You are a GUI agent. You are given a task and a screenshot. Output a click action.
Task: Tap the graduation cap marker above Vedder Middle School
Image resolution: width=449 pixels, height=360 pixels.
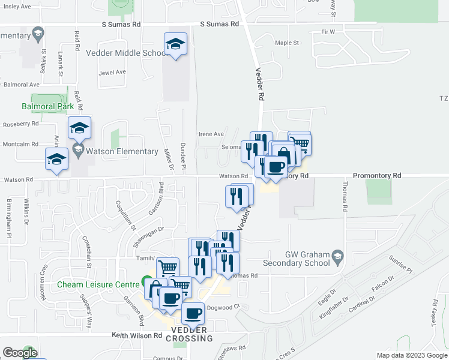click(175, 44)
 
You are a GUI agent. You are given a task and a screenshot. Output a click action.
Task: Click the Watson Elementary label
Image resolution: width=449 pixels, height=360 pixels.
click(122, 151)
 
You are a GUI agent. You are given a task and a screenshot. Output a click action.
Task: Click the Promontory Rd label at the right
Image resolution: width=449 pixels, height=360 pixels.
click(376, 176)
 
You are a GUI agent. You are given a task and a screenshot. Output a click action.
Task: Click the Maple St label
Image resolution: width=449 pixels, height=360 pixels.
click(286, 43)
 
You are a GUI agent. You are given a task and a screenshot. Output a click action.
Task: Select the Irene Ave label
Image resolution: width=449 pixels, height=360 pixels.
click(211, 134)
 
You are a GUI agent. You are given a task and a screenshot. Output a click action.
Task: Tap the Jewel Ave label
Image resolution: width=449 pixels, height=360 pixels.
click(113, 72)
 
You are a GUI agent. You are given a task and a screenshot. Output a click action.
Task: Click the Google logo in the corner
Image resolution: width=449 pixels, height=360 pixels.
click(20, 352)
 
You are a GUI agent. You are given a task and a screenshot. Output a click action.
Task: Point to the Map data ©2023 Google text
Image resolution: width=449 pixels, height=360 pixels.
click(412, 355)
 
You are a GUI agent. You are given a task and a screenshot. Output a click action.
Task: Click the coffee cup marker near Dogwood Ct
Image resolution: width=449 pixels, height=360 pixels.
click(192, 314)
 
